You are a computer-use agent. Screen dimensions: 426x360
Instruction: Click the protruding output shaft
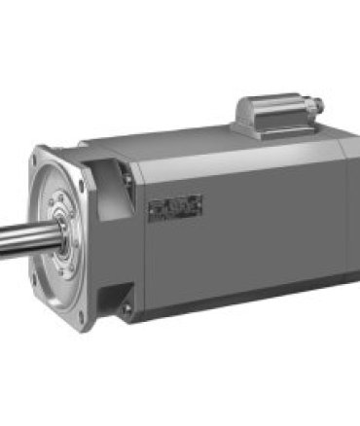[x=19, y=237]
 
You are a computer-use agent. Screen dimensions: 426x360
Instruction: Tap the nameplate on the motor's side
[x=176, y=207]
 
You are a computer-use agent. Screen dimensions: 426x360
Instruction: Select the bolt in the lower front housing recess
[x=126, y=308]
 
